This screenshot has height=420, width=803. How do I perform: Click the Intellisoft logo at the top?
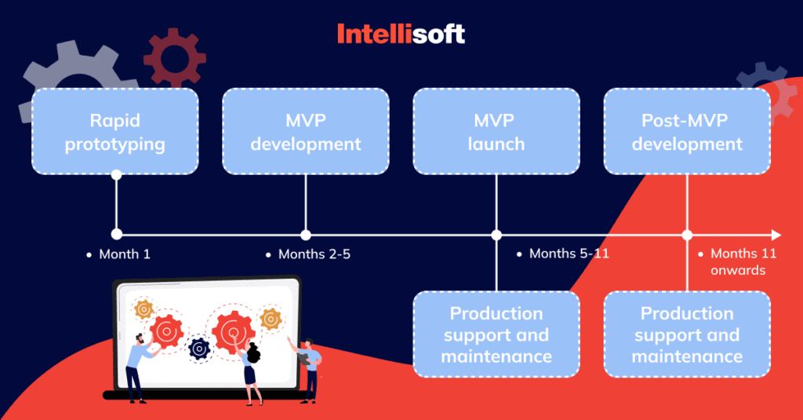(x=401, y=34)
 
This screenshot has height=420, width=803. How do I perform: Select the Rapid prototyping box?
(x=115, y=131)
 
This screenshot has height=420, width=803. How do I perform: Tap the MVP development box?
(x=306, y=131)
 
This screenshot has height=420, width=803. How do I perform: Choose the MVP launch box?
(x=496, y=131)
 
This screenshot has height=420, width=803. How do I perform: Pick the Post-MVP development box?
(x=687, y=131)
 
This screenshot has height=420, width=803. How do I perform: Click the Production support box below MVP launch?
(x=496, y=334)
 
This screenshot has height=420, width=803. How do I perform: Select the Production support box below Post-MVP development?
(x=687, y=334)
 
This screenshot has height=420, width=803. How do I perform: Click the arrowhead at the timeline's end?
(x=776, y=235)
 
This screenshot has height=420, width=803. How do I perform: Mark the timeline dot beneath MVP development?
(x=306, y=235)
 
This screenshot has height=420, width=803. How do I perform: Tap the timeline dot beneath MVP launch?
(x=496, y=235)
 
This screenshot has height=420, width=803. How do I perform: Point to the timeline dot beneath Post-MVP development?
(x=687, y=235)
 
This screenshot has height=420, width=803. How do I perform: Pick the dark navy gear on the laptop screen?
(x=199, y=346)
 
